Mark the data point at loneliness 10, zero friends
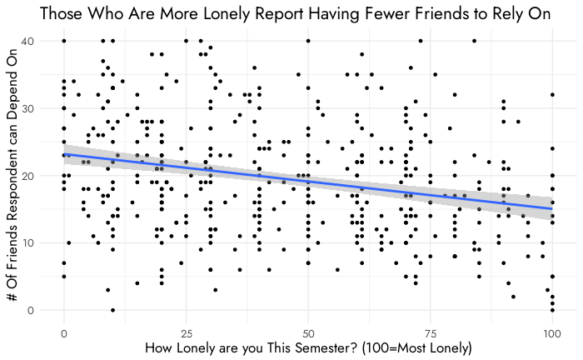(113, 310)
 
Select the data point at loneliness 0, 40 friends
(64, 41)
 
